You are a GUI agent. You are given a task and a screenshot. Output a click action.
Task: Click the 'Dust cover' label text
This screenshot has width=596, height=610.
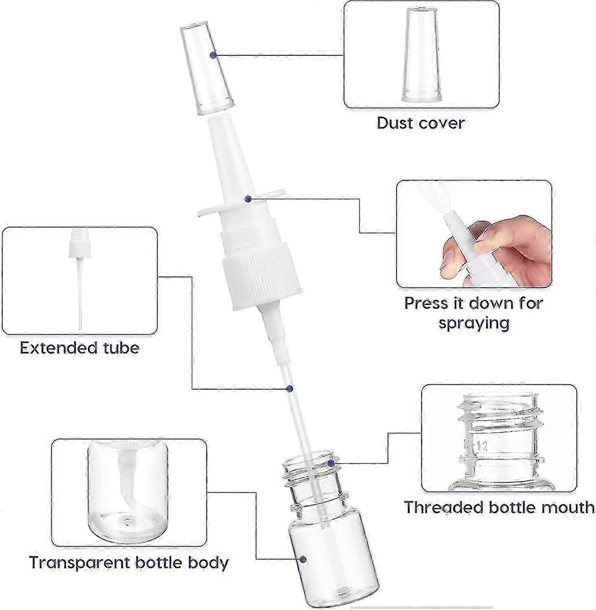421,123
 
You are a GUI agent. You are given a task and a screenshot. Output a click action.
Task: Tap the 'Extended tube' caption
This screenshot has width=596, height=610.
80,348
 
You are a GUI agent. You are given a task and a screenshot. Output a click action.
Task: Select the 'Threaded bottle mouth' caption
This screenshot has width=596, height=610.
499,507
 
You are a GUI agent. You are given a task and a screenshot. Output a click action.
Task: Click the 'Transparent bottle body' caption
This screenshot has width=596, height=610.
129,562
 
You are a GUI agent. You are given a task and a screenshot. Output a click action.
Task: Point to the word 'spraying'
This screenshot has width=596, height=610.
474,323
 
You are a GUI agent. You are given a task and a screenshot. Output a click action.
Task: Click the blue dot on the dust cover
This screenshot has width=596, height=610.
213,55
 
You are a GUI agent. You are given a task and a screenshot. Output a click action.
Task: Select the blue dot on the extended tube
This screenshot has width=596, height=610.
289,389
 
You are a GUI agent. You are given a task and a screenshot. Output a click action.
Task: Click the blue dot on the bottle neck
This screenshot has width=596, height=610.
331,463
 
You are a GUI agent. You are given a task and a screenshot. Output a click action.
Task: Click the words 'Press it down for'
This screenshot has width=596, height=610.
474,303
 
